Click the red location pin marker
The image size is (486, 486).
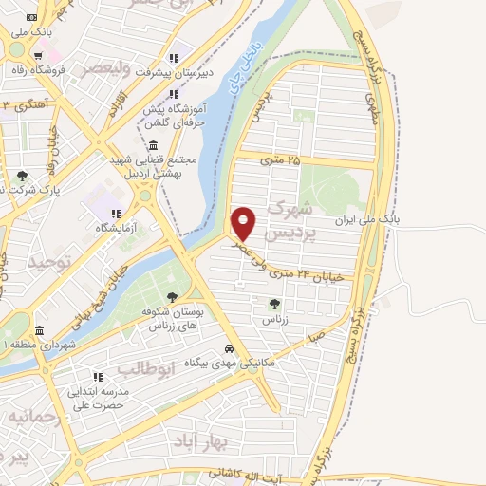tap(244, 224)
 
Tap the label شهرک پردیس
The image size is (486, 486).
tap(288, 219)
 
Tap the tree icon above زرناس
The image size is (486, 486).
tap(274, 304)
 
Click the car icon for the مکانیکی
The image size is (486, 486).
tap(230, 347)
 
